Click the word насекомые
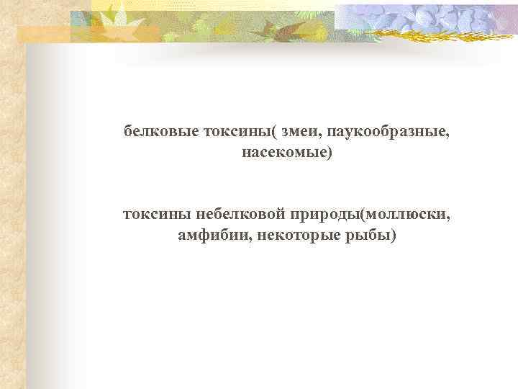[283, 153]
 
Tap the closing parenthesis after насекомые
[331, 153]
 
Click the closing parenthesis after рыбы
[393, 236]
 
